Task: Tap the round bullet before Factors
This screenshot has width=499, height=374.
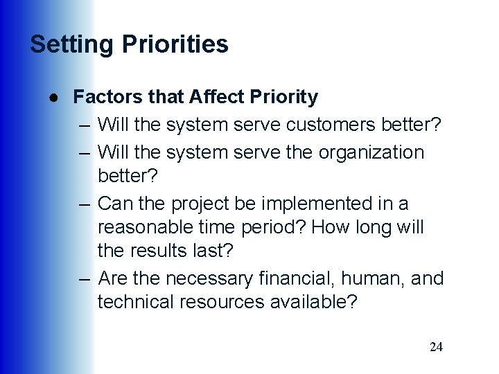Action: coord(53,98)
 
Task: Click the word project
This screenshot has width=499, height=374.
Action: coord(207,204)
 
